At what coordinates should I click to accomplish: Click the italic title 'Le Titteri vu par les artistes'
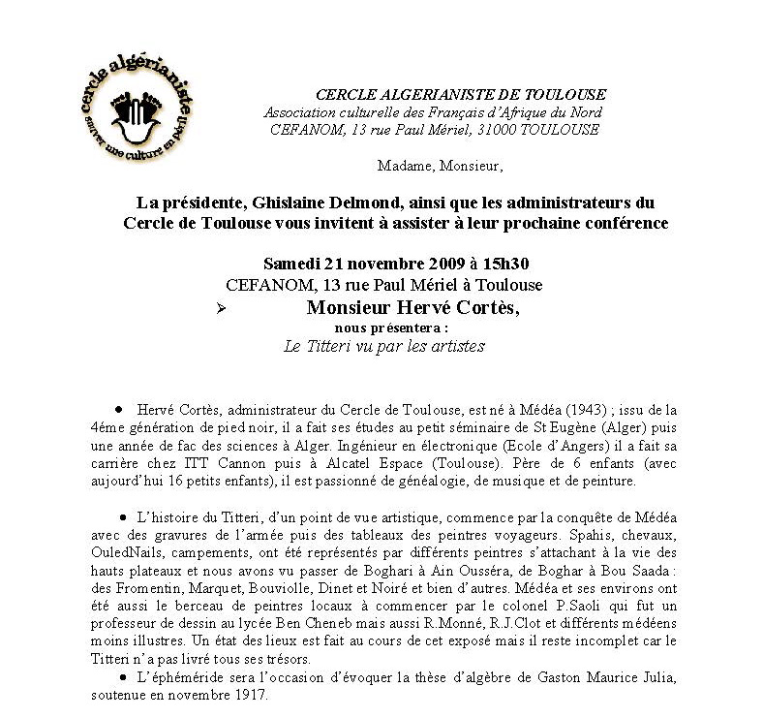click(385, 346)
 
